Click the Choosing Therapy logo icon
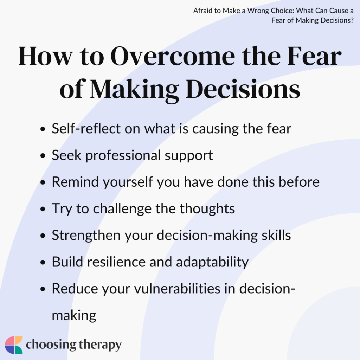[14, 345]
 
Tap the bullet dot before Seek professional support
[43, 156]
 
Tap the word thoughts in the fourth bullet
[207, 209]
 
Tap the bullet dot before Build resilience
[43, 263]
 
